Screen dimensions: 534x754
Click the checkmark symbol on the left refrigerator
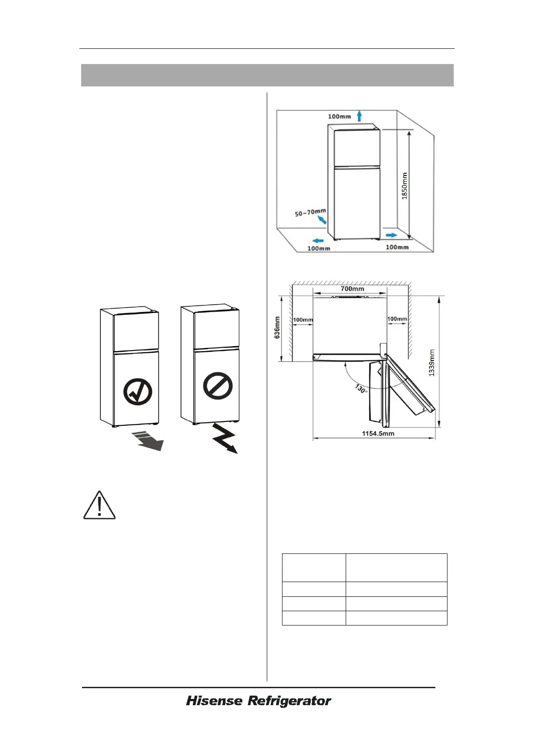pos(137,392)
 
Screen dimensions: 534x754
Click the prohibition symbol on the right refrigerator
pos(218,386)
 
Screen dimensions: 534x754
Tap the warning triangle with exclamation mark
pos(100,506)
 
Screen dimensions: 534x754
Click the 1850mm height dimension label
pos(404,186)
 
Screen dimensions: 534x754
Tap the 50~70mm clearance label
pos(310,212)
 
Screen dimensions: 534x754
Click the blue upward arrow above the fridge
pos(360,116)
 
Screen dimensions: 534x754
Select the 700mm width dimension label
pos(352,289)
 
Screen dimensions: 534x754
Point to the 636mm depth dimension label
pos(277,327)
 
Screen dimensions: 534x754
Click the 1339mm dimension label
pos(432,363)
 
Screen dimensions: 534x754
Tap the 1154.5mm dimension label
pos(378,433)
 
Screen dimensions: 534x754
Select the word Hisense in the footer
pos(214,701)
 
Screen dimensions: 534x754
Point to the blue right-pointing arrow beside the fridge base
pos(391,235)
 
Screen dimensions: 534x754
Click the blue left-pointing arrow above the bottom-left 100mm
pos(318,240)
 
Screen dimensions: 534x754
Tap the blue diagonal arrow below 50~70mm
pos(321,219)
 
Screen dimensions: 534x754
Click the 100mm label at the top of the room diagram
pos(339,116)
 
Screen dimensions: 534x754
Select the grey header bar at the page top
pos(267,75)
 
